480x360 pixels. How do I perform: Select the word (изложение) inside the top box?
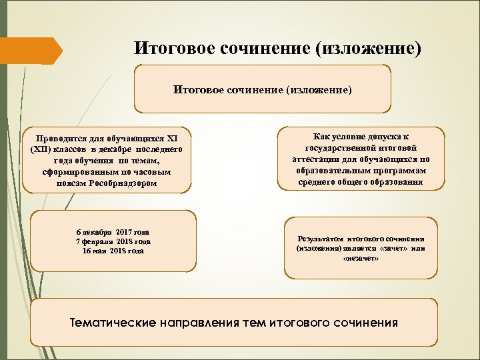coord(319,88)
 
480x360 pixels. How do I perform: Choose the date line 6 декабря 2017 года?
coord(113,231)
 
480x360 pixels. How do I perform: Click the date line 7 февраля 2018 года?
coord(113,241)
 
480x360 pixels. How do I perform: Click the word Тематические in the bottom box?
coord(113,323)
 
